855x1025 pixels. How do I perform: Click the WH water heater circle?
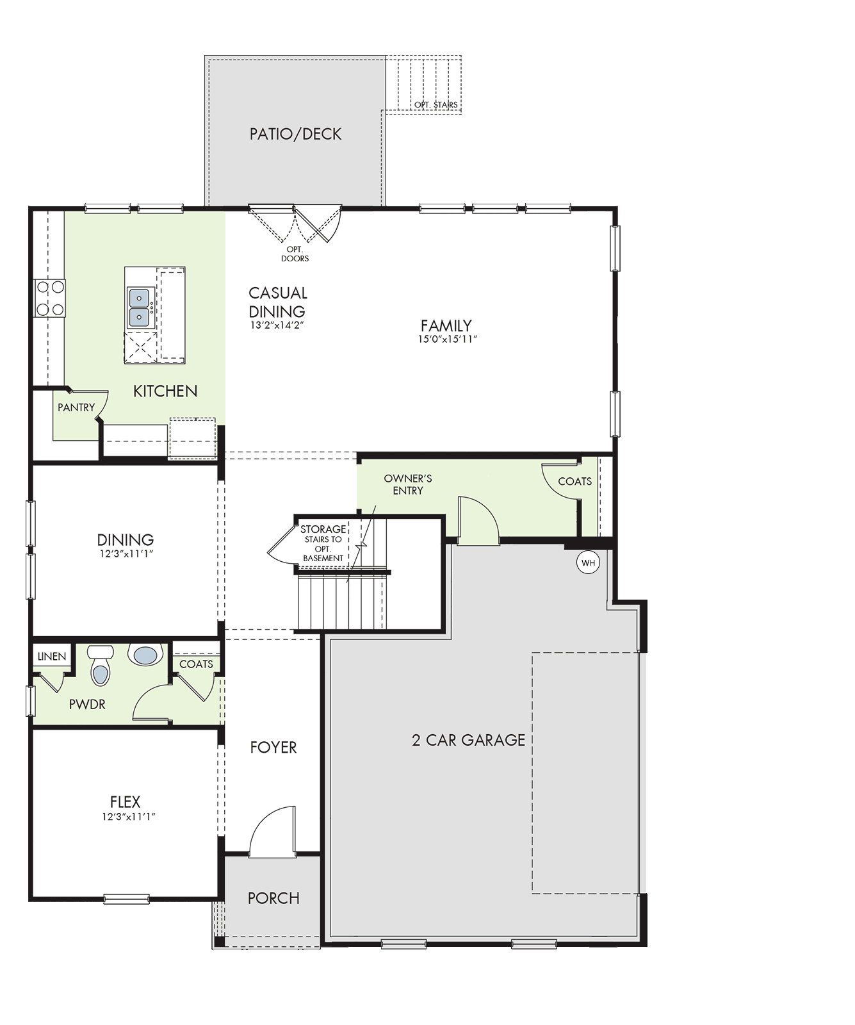(588, 563)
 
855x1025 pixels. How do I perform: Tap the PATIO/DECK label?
(295, 134)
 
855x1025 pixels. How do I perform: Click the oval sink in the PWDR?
(145, 655)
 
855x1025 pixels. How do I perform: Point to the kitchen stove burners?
(49, 298)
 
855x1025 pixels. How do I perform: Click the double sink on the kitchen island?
(139, 307)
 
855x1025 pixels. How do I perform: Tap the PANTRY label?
(76, 407)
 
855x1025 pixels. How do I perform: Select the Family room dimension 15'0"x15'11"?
(448, 340)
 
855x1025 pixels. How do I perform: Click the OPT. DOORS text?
(295, 254)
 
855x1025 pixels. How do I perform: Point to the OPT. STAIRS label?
(436, 104)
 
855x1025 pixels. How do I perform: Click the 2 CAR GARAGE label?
(468, 740)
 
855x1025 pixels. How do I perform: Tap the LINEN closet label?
(52, 657)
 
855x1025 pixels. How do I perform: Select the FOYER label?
(273, 748)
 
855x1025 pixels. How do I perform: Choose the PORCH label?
(273, 898)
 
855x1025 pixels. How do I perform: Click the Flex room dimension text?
(129, 817)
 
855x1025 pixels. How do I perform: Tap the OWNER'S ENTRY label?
(408, 484)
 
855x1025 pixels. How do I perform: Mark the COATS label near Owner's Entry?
(575, 481)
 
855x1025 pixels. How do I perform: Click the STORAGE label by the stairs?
(323, 530)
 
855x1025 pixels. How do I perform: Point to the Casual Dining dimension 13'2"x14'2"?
(277, 325)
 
